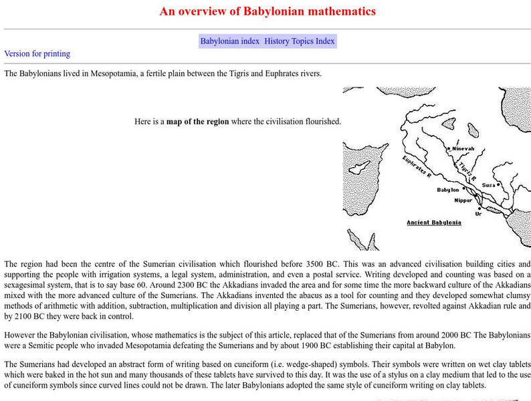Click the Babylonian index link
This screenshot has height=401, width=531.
[x=229, y=41]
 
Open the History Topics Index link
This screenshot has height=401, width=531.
[x=300, y=41]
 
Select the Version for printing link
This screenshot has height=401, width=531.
[x=37, y=53]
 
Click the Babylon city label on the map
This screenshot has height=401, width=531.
[x=448, y=190]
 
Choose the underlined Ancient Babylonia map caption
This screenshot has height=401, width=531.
[x=433, y=222]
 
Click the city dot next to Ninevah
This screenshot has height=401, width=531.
[x=447, y=147]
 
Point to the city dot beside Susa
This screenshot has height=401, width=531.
[x=498, y=184]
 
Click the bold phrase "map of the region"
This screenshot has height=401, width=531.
[x=197, y=122]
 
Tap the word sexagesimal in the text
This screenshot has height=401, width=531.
[x=31, y=286]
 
